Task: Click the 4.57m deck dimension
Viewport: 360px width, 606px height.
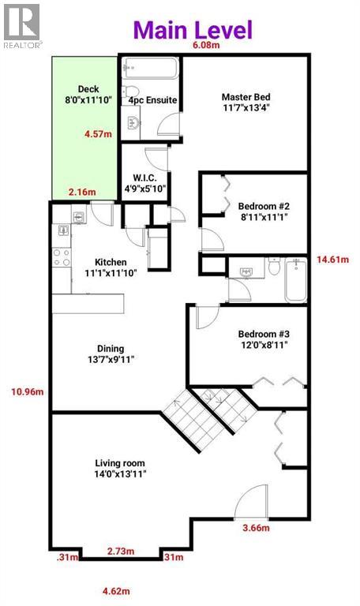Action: (x=98, y=134)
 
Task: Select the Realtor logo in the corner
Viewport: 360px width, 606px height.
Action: (x=21, y=24)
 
